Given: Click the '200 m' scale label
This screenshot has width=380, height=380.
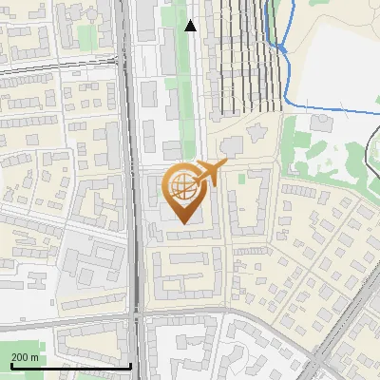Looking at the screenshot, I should [x=25, y=356].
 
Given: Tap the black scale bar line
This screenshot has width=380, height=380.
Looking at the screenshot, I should [x=70, y=366].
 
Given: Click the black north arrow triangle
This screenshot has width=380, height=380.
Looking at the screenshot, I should [x=191, y=26].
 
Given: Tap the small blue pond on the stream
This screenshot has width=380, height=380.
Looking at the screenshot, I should [x=281, y=46].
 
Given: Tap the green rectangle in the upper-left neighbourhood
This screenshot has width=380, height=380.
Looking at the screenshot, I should [x=86, y=37].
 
